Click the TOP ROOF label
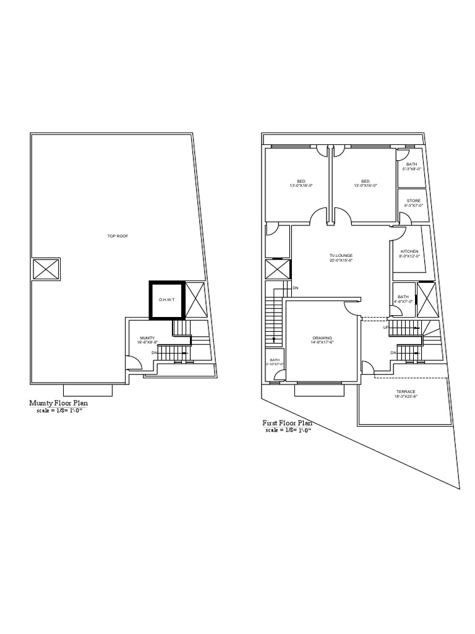pyautogui.click(x=118, y=236)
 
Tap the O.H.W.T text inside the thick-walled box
pyautogui.click(x=166, y=300)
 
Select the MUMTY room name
pyautogui.click(x=147, y=337)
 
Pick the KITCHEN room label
pyautogui.click(x=409, y=251)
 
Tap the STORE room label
pyautogui.click(x=413, y=201)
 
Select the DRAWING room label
pyautogui.click(x=322, y=338)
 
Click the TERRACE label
pyautogui.click(x=406, y=391)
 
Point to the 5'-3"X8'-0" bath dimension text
pyautogui.click(x=412, y=168)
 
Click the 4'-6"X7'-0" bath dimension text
pyautogui.click(x=403, y=302)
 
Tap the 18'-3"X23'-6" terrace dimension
pyautogui.click(x=406, y=396)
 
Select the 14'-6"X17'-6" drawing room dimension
pyautogui.click(x=322, y=342)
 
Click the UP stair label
pyautogui.click(x=386, y=327)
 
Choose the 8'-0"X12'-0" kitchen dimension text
pyautogui.click(x=409, y=256)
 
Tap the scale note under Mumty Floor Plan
pyautogui.click(x=60, y=410)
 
